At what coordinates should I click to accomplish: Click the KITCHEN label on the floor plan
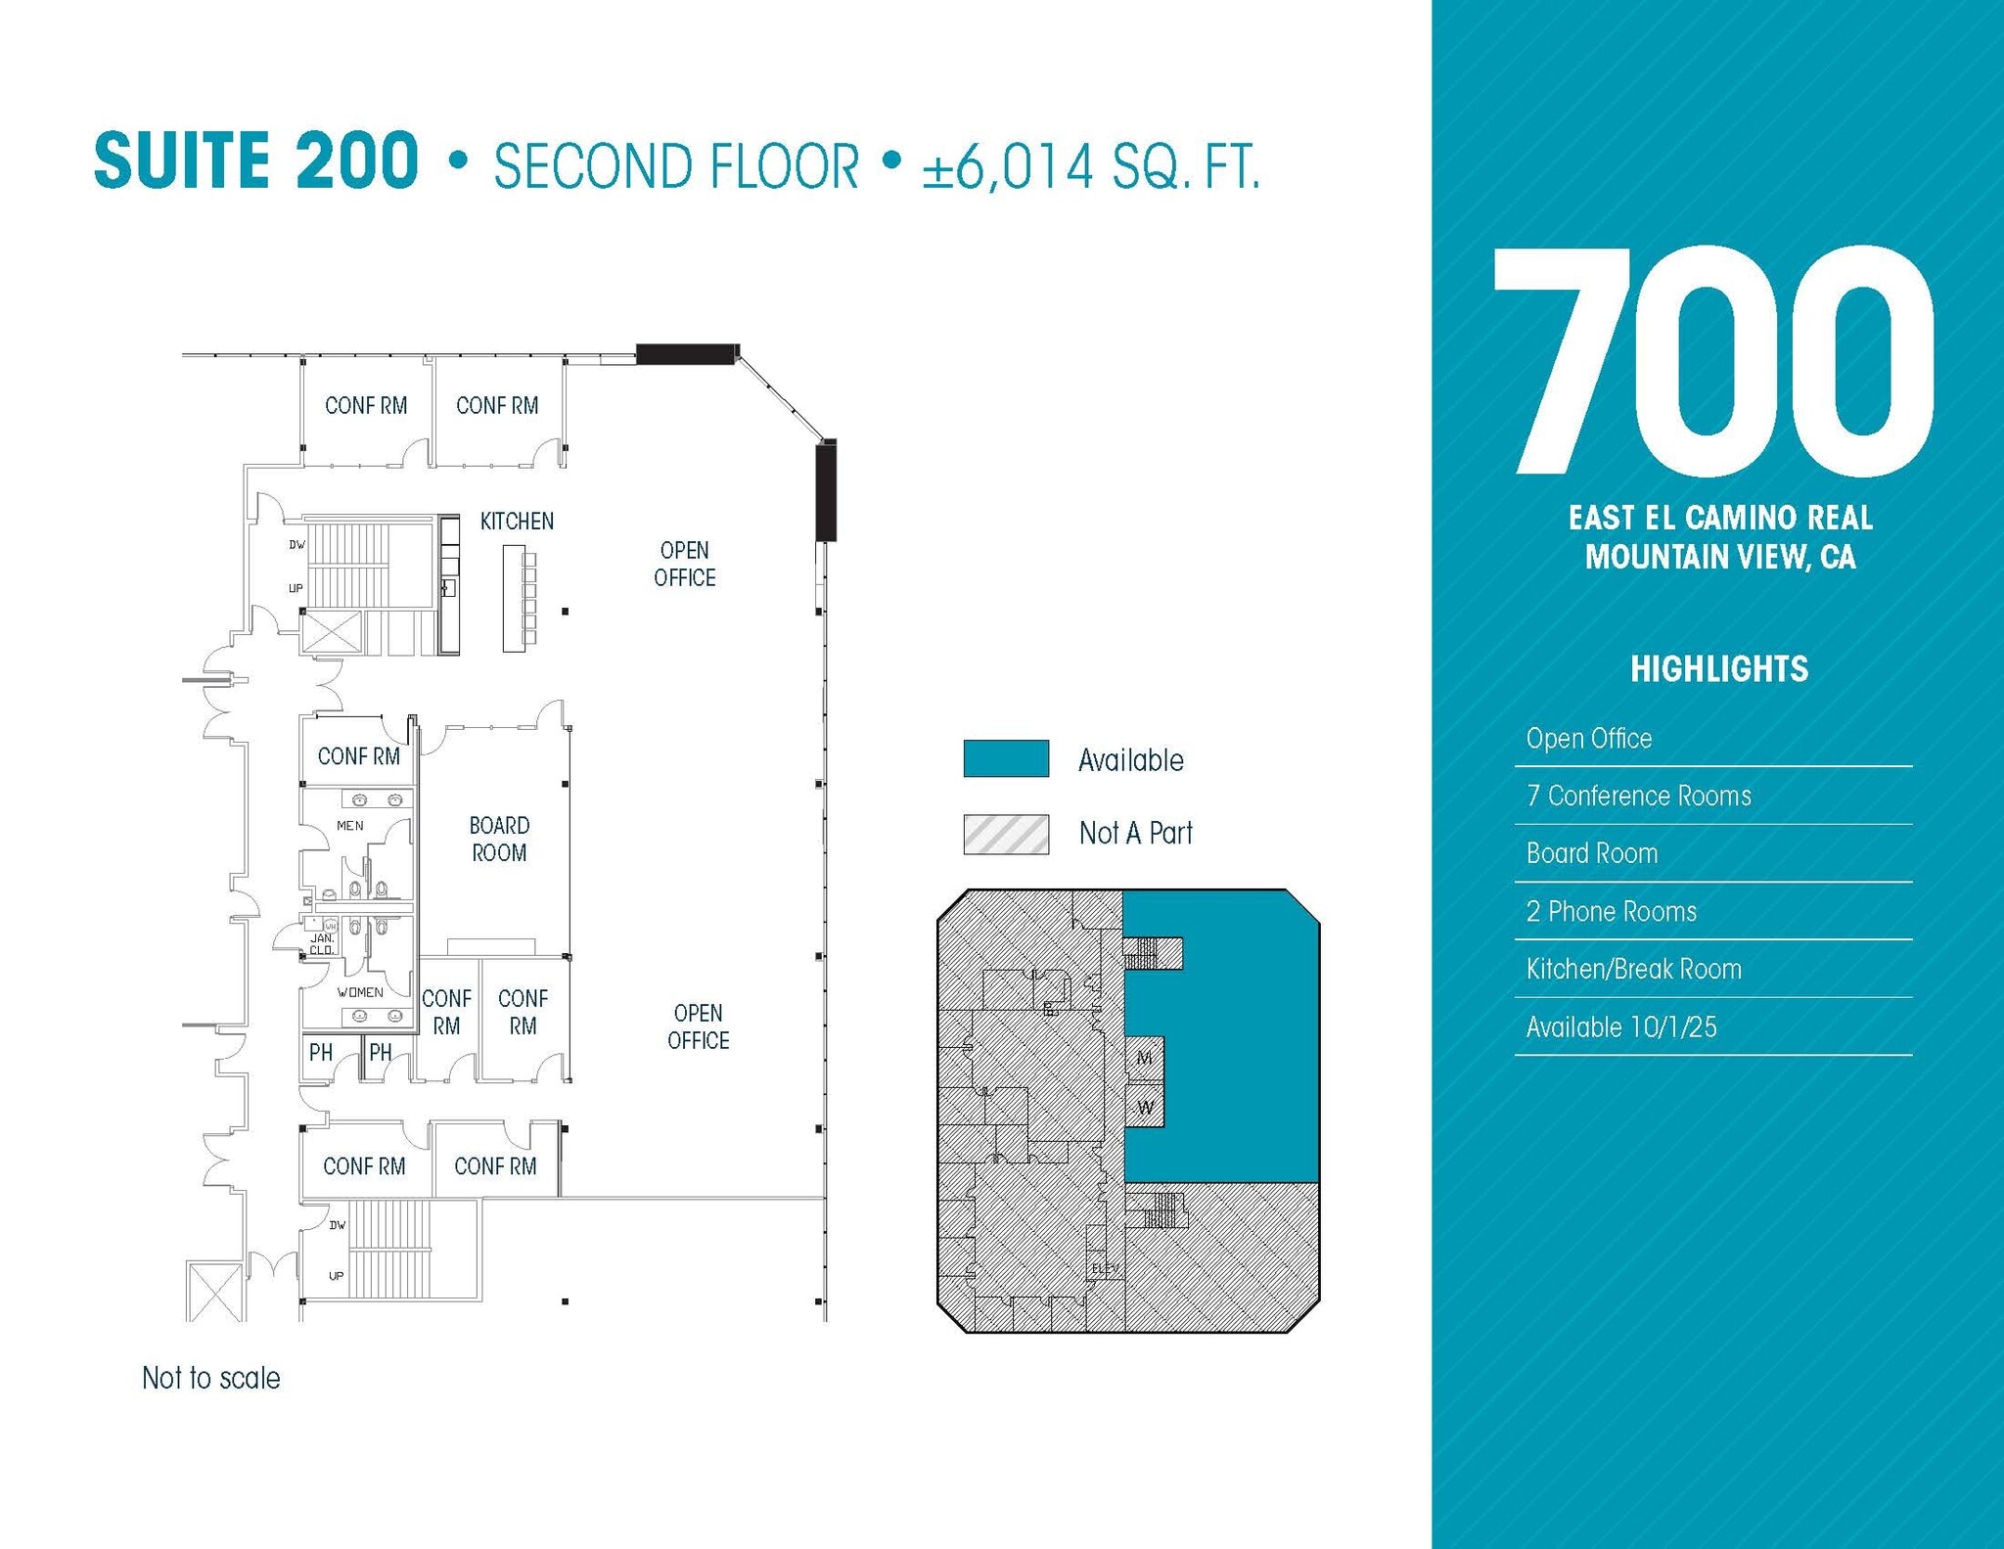[517, 522]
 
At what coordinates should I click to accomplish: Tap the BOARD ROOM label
[499, 839]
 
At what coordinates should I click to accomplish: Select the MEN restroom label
[350, 826]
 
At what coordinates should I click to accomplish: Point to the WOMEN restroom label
[360, 992]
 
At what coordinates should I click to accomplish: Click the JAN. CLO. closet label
[322, 944]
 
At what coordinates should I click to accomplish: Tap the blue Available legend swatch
[1006, 758]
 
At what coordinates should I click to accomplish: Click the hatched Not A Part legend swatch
[1006, 834]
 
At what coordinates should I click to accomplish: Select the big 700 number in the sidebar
[1713, 364]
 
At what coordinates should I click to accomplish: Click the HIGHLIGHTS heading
[1719, 669]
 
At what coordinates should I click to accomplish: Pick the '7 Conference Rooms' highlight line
[1639, 796]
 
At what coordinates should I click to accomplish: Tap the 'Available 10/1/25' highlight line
[1621, 1026]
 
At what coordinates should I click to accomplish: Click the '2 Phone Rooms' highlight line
[1612, 911]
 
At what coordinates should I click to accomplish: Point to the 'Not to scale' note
[211, 1378]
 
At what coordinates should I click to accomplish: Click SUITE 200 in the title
[256, 161]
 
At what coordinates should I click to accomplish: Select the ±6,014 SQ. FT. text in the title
[1090, 166]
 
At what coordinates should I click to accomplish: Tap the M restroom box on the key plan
[1144, 1058]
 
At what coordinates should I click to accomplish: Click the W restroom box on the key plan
[1145, 1109]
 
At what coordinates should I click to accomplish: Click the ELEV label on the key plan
[1105, 1269]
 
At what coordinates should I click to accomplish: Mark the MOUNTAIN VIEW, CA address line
[1720, 557]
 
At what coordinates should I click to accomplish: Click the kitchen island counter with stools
[515, 598]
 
